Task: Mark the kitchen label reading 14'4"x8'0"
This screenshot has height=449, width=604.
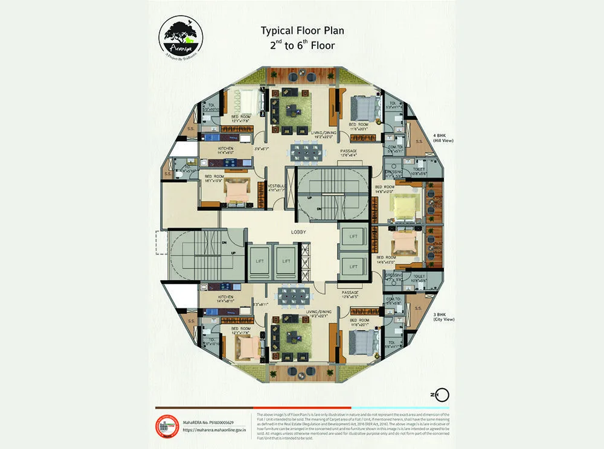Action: click(226, 150)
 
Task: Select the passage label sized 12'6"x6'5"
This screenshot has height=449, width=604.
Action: click(349, 295)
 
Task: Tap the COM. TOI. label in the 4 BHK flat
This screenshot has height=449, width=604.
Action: click(396, 149)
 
